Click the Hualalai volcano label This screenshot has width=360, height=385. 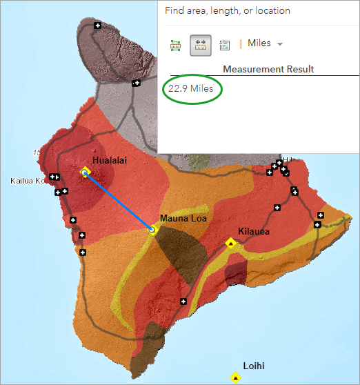point(110,160)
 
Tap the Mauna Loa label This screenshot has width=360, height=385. point(183,219)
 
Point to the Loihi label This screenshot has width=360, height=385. point(254,366)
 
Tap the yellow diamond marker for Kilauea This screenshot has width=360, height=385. point(231,243)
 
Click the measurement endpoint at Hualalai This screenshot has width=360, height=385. point(86,172)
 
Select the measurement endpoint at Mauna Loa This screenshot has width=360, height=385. point(153,229)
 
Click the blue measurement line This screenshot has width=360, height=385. point(119,201)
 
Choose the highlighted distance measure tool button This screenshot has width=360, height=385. point(201,44)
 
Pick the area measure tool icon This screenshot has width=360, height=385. point(176,44)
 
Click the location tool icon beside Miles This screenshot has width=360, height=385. point(224,44)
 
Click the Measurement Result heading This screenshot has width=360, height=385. point(268,69)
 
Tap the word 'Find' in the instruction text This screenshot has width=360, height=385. point(176,10)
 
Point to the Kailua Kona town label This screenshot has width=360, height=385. point(27,181)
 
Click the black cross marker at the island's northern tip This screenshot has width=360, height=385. point(97,26)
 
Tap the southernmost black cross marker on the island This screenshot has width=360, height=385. point(183,301)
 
